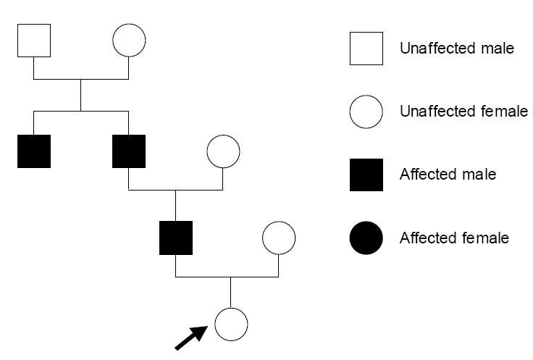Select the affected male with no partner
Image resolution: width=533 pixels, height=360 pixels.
coord(34,151)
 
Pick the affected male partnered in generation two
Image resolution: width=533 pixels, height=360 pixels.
coord(129,151)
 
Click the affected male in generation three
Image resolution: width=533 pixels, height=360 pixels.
coord(176,238)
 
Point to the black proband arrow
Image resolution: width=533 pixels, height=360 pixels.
coord(191,338)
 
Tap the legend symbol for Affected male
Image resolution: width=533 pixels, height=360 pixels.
coord(366,175)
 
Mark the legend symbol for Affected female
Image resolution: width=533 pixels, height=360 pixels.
coord(366,238)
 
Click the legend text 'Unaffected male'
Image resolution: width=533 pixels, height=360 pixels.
coord(457,49)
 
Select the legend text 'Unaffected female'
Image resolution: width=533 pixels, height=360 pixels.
coord(463,111)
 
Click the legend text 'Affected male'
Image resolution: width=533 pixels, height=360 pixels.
coord(448,175)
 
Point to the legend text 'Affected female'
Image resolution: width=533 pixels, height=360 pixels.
coord(454,238)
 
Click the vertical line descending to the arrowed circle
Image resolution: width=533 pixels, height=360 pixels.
coord(231,293)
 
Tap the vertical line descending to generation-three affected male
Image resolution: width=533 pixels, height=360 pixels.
coord(175,206)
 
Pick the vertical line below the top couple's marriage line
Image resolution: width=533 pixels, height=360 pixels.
coord(80,95)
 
